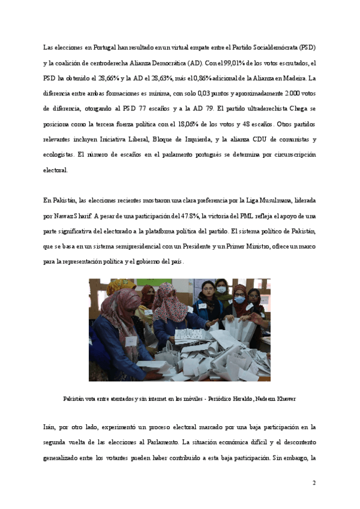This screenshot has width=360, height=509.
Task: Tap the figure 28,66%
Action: coord(110,78)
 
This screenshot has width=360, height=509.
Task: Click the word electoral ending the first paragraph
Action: coord(56,170)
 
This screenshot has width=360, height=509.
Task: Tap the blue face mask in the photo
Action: coord(239,299)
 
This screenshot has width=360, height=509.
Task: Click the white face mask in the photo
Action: coord(220,289)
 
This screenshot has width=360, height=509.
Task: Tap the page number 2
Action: coord(313,483)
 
